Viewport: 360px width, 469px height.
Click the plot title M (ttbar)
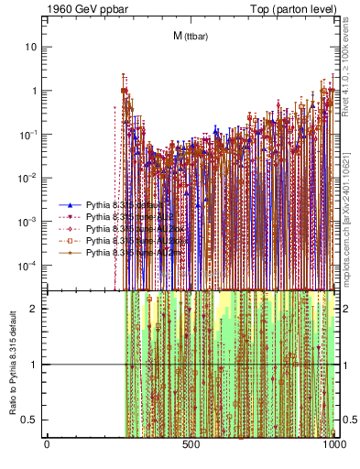point(189,36)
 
